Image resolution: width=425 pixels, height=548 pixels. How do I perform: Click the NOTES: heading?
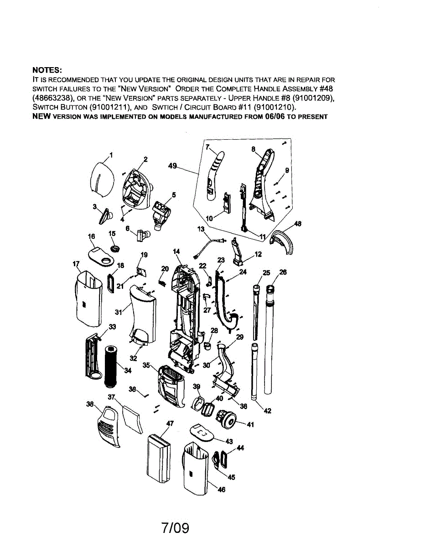click(47, 70)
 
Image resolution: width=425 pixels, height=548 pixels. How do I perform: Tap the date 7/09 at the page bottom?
click(175, 528)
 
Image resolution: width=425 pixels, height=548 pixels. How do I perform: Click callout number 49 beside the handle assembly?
click(172, 166)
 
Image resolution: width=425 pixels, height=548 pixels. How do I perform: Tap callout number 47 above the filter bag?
click(170, 423)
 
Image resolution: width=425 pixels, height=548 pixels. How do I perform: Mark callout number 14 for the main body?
click(176, 252)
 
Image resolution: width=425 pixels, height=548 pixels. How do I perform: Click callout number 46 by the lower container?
click(222, 490)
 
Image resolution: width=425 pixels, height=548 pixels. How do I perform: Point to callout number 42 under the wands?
click(268, 411)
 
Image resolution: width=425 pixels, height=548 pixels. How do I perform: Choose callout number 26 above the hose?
click(283, 273)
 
